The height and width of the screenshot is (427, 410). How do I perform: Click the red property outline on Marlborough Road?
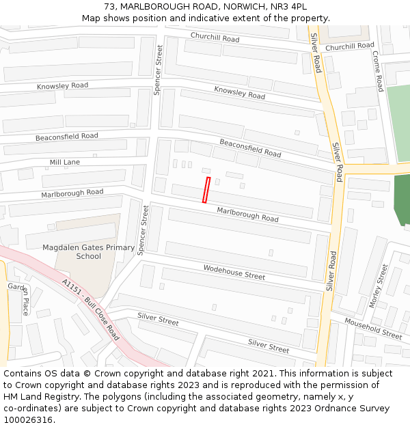point(206,189)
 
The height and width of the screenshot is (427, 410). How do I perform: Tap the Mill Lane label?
point(64,163)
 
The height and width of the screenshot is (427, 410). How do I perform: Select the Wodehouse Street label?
point(234,272)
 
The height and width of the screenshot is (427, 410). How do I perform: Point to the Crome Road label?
point(379,71)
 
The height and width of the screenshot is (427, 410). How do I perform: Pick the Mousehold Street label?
point(373,328)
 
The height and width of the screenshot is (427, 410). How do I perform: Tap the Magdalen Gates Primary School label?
point(88,251)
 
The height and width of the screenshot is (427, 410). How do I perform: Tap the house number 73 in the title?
point(110,7)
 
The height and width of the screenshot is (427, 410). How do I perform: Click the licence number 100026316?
point(27,420)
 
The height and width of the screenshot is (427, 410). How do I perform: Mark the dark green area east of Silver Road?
point(402,199)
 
